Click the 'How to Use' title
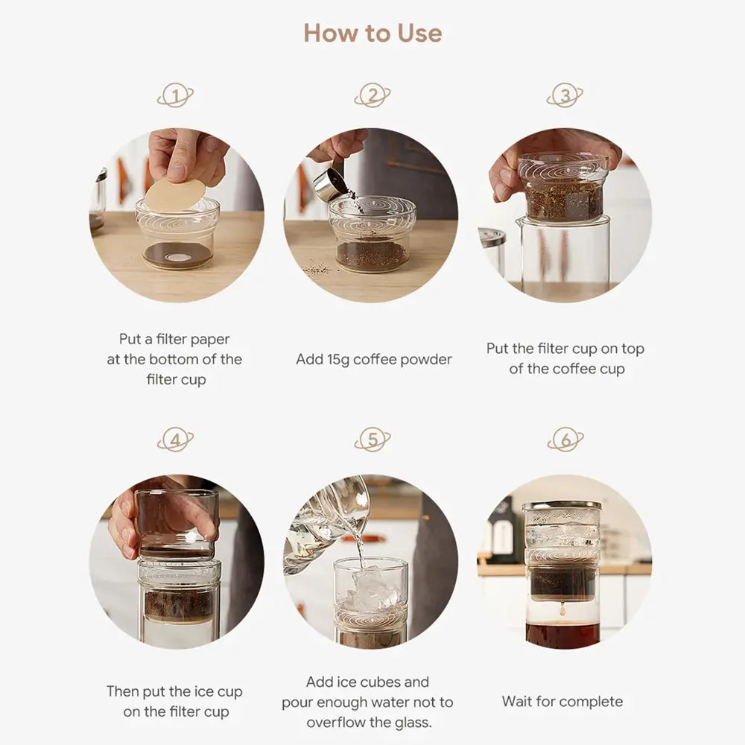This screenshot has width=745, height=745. click(372, 34)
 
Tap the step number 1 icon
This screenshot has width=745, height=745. click(176, 95)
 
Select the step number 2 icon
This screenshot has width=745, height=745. click(372, 95)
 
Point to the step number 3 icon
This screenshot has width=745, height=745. click(565, 95)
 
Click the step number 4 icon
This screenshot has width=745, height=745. click(176, 440)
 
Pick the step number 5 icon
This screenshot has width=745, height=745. click(372, 440)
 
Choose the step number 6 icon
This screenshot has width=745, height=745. click(565, 440)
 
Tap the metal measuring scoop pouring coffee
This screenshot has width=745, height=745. click(330, 184)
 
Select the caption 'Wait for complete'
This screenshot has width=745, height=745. click(562, 701)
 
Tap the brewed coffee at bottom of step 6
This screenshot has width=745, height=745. click(562, 635)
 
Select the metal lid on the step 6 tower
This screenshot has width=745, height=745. click(562, 506)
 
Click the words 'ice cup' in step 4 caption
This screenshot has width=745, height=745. click(216, 691)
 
